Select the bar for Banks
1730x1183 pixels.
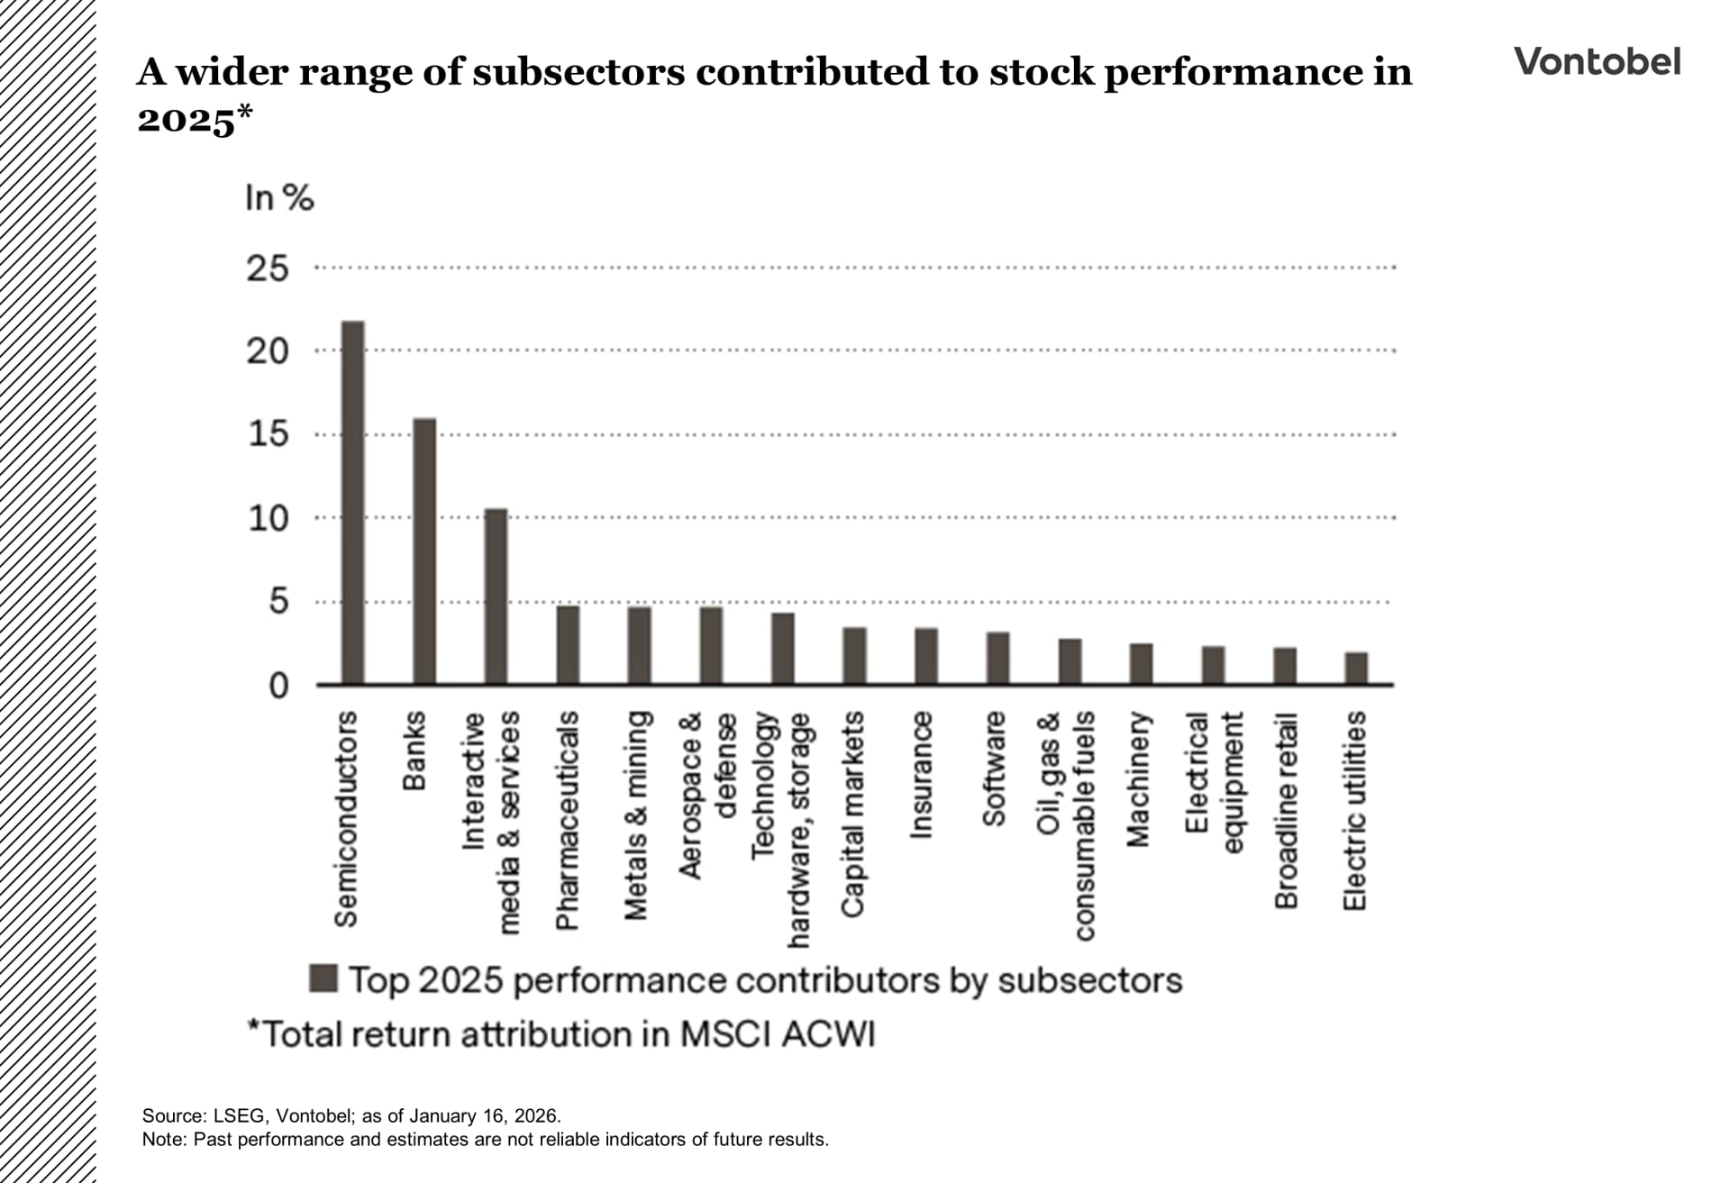tap(424, 551)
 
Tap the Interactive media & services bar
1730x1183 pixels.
tap(496, 596)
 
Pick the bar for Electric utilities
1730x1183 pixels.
tap(1356, 668)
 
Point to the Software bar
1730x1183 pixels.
tap(997, 658)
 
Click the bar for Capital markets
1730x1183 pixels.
tap(854, 655)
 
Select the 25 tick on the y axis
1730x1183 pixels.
tap(267, 268)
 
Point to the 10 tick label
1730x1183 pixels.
tap(268, 518)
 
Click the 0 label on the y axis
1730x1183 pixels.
tap(278, 687)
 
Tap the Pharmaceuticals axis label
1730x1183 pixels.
tap(567, 820)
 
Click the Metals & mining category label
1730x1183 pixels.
tap(637, 815)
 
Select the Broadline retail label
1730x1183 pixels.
tap(1286, 811)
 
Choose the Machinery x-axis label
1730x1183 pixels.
tap(1139, 779)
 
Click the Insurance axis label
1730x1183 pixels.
tap(921, 775)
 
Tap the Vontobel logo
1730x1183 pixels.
tap(1597, 61)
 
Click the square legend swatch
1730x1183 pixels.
tap(323, 978)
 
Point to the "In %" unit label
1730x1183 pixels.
tap(279, 197)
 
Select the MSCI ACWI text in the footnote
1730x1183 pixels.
tap(777, 1034)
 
